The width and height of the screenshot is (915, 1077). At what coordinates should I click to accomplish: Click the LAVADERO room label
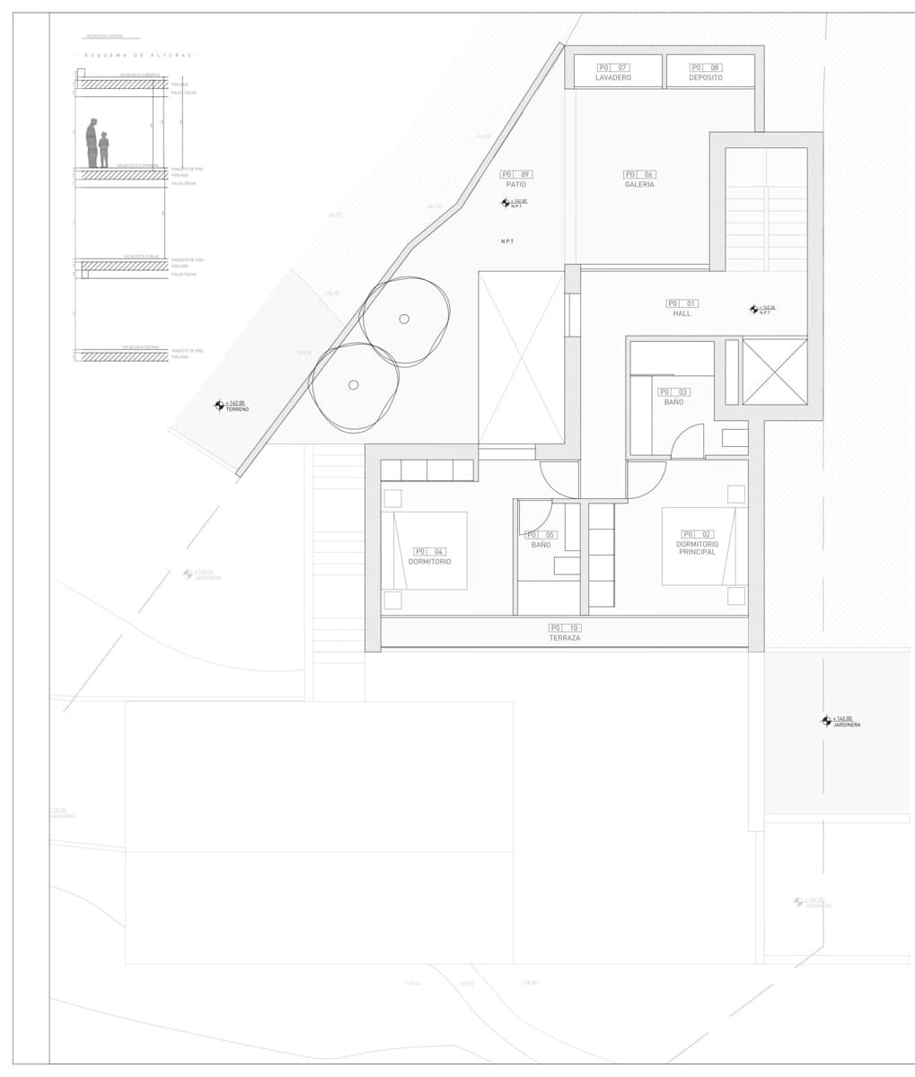coord(613,78)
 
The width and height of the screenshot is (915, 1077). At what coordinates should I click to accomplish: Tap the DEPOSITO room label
coord(706,78)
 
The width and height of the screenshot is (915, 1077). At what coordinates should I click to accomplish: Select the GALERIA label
coord(639,184)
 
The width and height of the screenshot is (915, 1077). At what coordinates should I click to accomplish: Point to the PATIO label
coord(515,184)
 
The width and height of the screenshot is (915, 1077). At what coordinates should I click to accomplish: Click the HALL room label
coord(682,314)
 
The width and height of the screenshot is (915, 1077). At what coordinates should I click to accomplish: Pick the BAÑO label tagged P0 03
coord(673,402)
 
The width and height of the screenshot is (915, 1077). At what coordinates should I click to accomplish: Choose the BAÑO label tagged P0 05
coord(541,545)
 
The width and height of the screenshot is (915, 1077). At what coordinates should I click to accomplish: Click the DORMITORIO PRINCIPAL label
coord(696,548)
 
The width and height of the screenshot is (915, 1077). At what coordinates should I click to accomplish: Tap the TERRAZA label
coord(565,637)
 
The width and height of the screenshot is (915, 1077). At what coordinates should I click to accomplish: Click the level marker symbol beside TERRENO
coord(218,406)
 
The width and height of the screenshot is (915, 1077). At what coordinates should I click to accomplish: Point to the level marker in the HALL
coord(753,310)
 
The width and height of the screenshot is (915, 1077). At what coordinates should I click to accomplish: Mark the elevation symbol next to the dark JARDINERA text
coord(826,721)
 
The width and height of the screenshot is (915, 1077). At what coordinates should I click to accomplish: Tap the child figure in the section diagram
coord(104,150)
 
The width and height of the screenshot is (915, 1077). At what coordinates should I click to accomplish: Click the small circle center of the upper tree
coord(404,319)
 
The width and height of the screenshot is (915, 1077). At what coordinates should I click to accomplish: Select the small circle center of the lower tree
coord(353,385)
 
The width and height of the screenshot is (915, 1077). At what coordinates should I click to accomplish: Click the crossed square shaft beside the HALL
coord(775,372)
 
